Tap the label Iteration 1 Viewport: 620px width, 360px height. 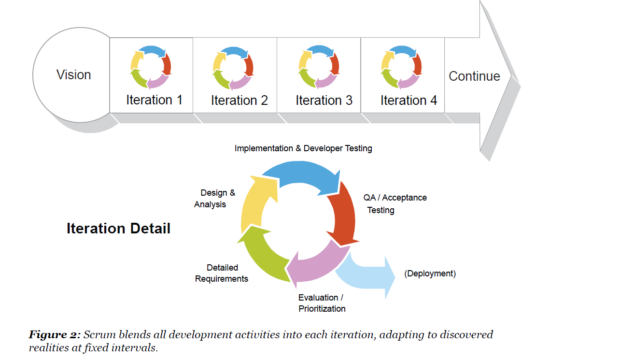(154, 100)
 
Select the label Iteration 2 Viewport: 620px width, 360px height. (239, 101)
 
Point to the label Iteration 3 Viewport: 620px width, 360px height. (324, 101)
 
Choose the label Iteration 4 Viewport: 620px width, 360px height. (409, 101)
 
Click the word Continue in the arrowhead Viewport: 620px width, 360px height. (474, 76)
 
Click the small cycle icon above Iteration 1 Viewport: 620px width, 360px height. (151, 67)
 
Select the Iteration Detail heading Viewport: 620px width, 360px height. (118, 228)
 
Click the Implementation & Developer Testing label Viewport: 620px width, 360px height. (303, 148)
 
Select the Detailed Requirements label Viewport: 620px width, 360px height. (222, 273)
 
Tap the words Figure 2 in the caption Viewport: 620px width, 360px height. (55, 334)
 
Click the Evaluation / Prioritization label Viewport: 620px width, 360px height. (322, 303)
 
